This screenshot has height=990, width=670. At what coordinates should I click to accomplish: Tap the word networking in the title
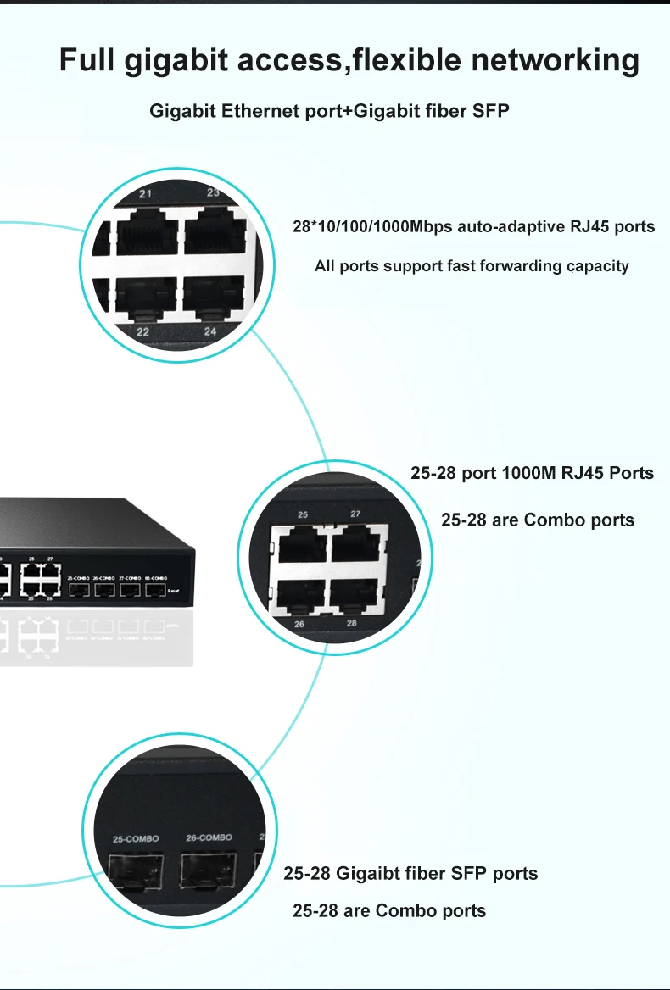pyautogui.click(x=555, y=61)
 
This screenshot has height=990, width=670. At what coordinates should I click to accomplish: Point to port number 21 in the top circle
pyautogui.click(x=145, y=194)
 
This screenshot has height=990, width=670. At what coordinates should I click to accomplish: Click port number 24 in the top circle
pyautogui.click(x=210, y=331)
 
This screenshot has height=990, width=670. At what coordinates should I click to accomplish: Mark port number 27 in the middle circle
pyautogui.click(x=355, y=514)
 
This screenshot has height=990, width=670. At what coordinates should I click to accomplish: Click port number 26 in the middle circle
pyautogui.click(x=299, y=625)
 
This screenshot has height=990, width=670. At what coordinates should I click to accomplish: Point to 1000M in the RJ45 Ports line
pyautogui.click(x=528, y=473)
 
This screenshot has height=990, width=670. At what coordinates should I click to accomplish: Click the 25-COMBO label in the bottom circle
pyautogui.click(x=136, y=839)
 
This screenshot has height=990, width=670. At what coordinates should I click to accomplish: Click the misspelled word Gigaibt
pyautogui.click(x=368, y=873)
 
